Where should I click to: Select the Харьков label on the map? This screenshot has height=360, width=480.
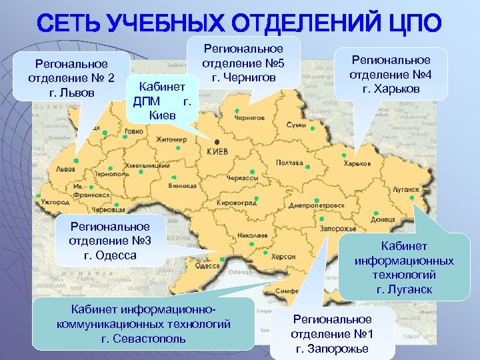(x=357, y=163)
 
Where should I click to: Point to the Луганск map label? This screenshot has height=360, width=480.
(x=404, y=189)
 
